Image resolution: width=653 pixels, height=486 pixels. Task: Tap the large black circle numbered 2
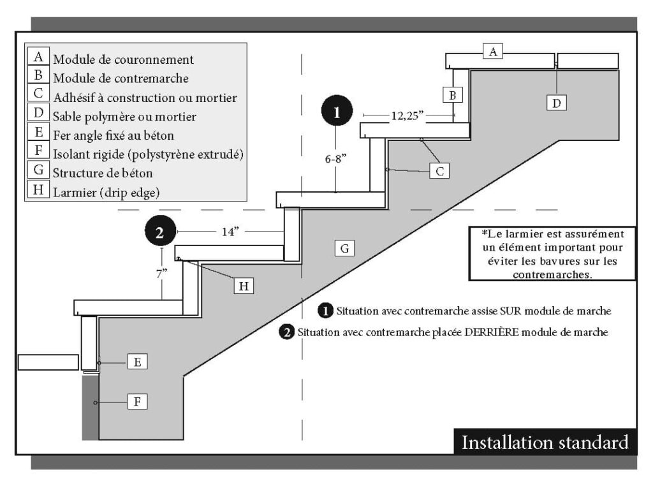160,231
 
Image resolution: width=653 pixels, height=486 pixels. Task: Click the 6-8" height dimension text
336,161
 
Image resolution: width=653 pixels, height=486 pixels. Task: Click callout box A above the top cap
493,52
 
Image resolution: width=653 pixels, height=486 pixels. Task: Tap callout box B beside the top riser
452,95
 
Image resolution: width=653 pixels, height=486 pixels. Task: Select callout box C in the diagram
439,170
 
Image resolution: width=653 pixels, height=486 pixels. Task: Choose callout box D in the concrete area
557,102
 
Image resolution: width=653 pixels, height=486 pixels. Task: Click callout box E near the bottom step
137,362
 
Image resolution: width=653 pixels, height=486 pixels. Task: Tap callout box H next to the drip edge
243,286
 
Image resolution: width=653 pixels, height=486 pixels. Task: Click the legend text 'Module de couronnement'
123,60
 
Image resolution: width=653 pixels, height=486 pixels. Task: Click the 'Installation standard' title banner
545,442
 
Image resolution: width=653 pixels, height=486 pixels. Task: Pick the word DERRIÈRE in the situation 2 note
483,332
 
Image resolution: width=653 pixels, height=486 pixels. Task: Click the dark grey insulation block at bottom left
90,407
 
